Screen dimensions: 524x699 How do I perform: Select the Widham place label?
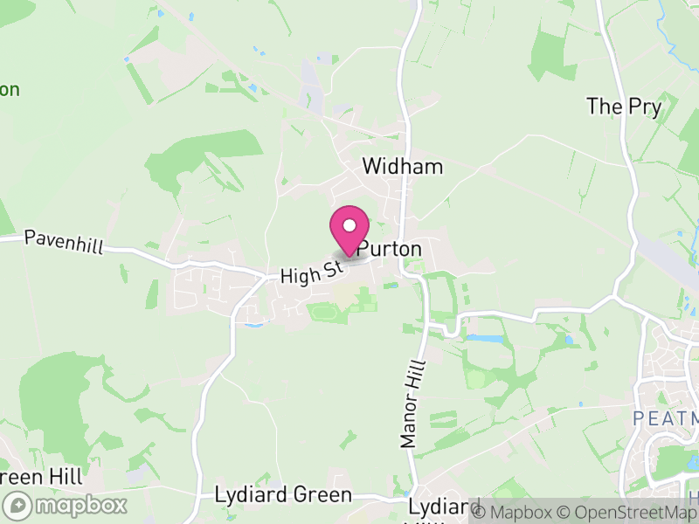tap(403, 167)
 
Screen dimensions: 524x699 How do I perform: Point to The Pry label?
tap(624, 107)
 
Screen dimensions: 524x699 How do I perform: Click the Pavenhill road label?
tap(64, 242)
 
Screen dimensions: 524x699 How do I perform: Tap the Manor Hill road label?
tap(412, 404)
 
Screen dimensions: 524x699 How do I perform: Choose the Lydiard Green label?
tap(283, 496)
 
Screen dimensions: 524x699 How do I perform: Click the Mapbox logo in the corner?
tap(66, 505)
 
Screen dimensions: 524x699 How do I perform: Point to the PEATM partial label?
tap(665, 419)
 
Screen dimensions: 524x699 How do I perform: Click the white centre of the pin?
tap(349, 225)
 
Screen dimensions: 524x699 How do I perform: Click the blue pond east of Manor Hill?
tap(485, 338)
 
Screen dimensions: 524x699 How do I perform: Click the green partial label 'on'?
tap(10, 89)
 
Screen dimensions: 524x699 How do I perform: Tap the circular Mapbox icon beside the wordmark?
tap(18, 505)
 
